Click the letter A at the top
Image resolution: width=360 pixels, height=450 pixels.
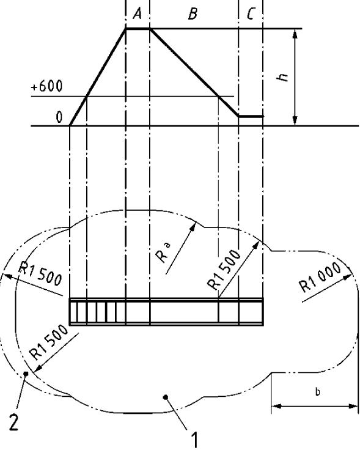pyautogui.click(x=138, y=13)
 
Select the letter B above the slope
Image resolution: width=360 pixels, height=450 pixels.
pyautogui.click(x=193, y=14)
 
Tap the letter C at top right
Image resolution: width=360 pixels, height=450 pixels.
pyautogui.click(x=251, y=14)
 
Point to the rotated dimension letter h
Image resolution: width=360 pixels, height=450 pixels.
pyautogui.click(x=283, y=77)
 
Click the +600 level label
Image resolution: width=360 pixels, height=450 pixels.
pyautogui.click(x=46, y=86)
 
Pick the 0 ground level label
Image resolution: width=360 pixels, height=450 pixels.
pyautogui.click(x=59, y=117)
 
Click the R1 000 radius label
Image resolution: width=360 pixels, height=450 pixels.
pyautogui.click(x=320, y=276)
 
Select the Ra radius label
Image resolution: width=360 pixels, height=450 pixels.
pyautogui.click(x=164, y=253)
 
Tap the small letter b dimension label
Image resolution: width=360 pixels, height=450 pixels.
pyautogui.click(x=318, y=392)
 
